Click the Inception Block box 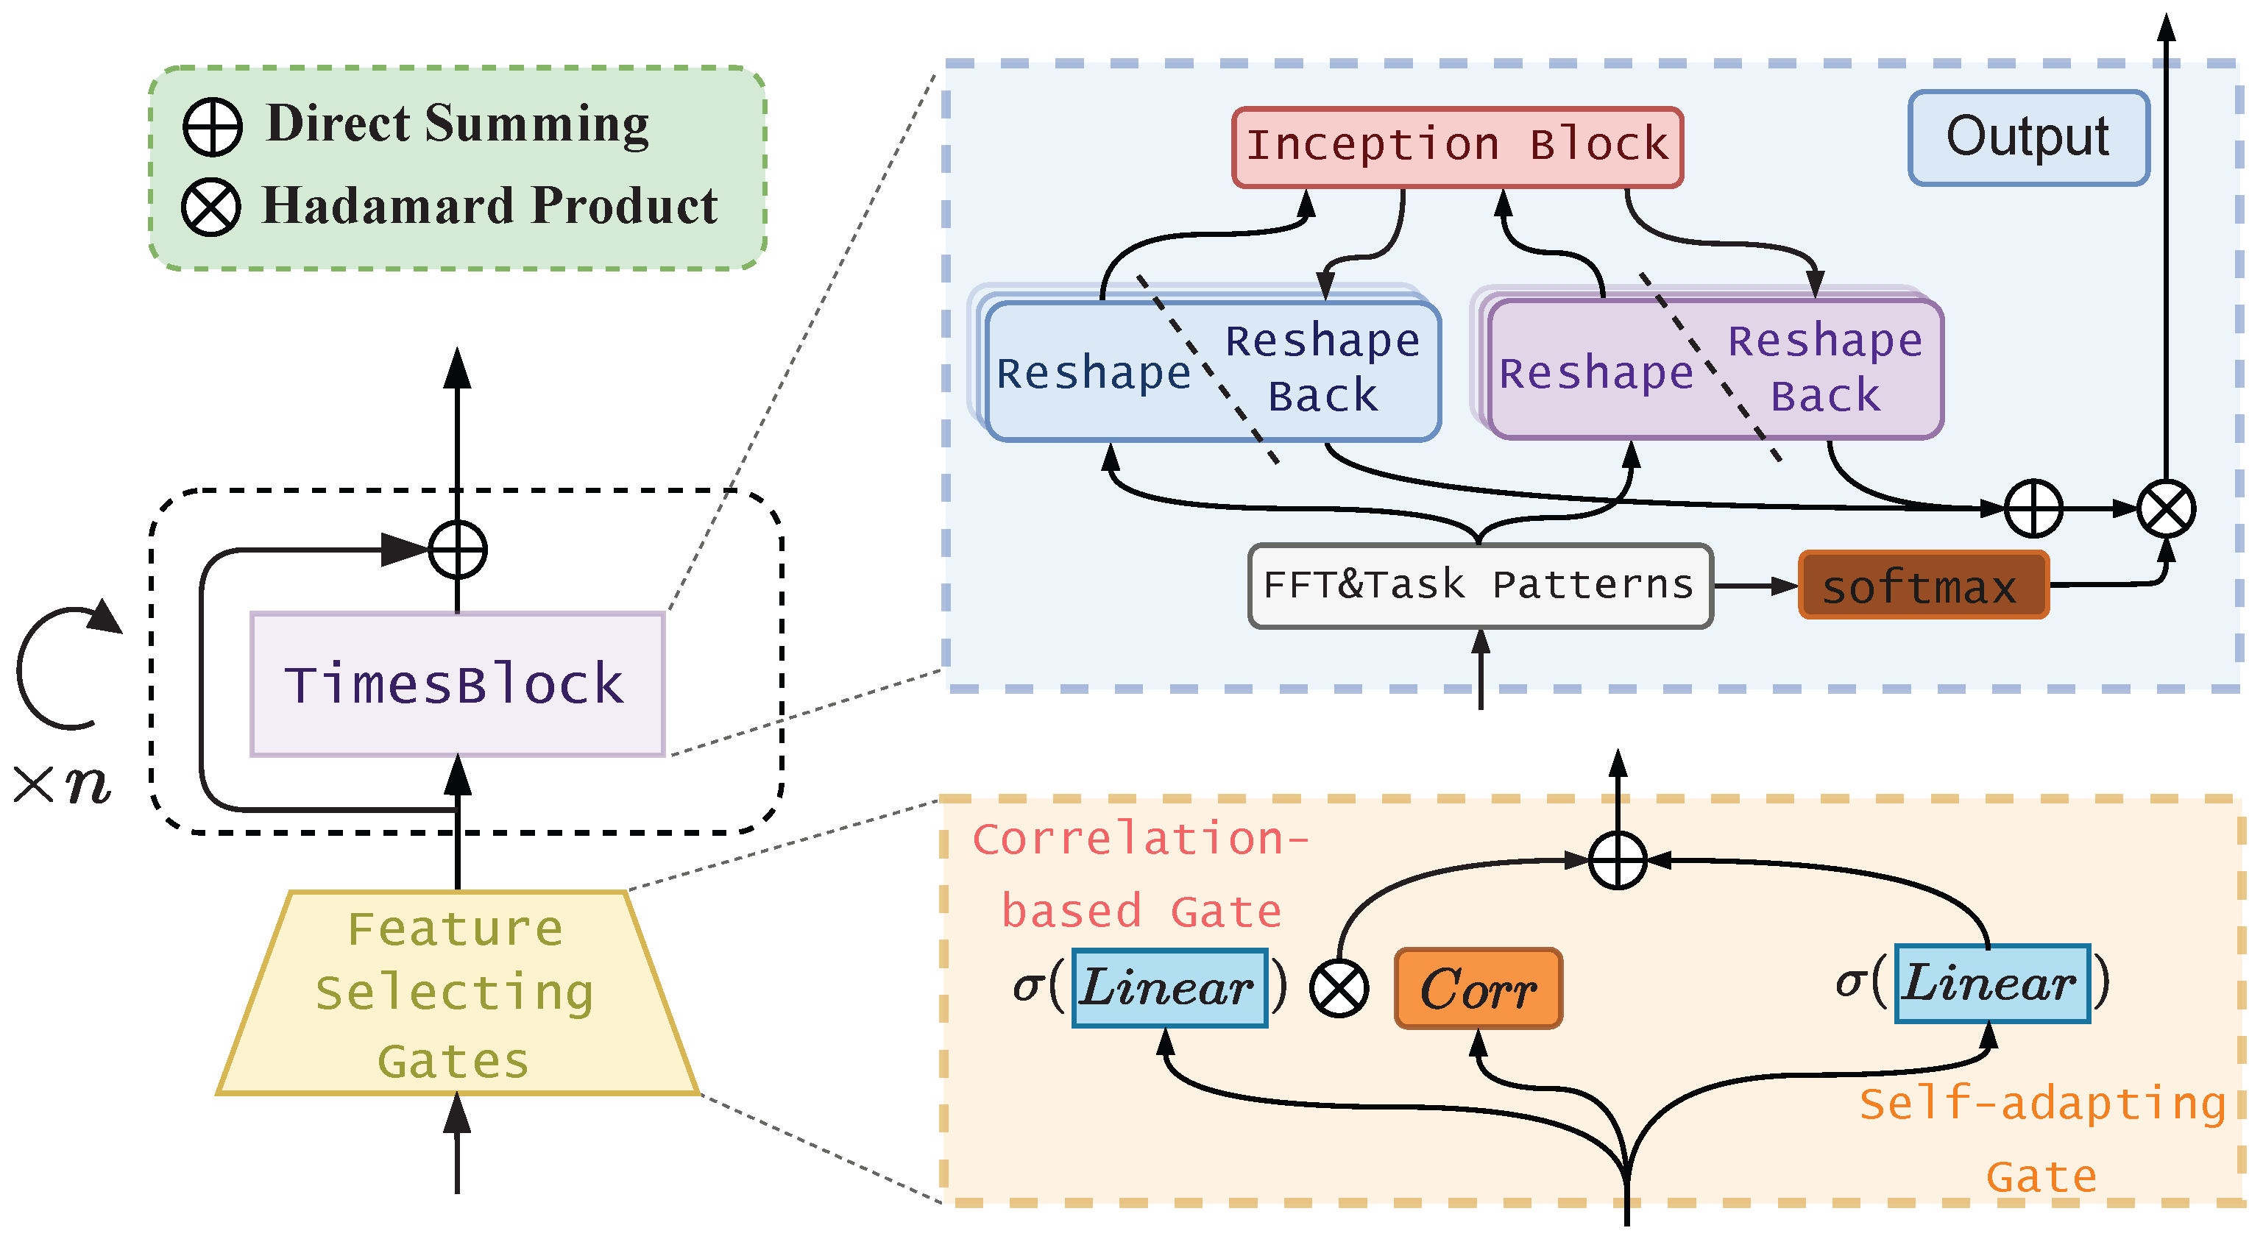tap(1456, 146)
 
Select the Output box tap(2028, 138)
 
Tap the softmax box tap(1922, 586)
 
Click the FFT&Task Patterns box tap(1479, 586)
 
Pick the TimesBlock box tap(457, 684)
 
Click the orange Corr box tap(1478, 989)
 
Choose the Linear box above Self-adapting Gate tap(1991, 984)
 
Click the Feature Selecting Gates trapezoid tap(457, 994)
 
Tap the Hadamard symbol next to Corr tap(1338, 989)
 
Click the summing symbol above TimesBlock tap(457, 550)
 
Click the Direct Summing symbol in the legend tap(213, 127)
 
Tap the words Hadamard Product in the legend tap(490, 206)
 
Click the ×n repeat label tap(62, 784)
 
